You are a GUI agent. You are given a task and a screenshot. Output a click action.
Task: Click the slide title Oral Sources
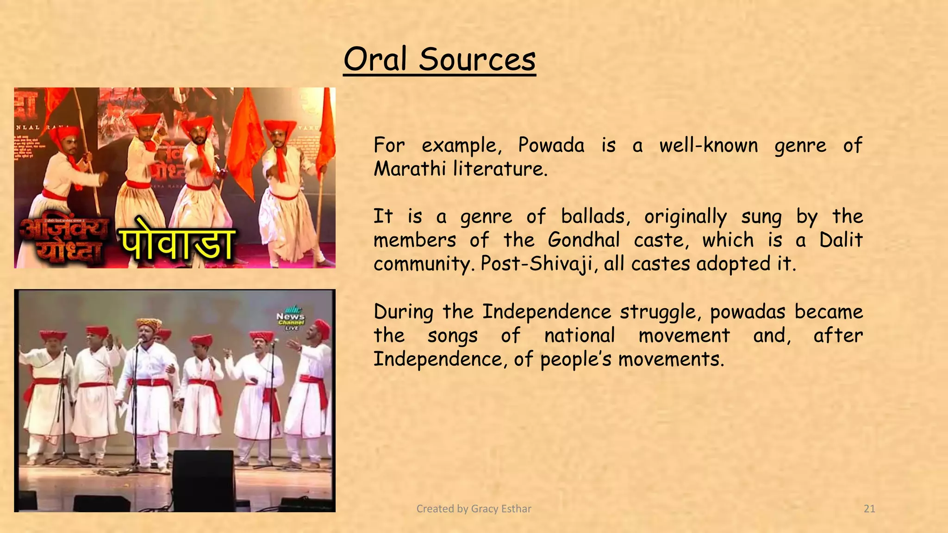point(439,59)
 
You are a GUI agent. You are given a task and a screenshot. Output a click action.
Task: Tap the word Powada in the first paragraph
point(551,145)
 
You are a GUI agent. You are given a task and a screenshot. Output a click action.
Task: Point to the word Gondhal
point(584,240)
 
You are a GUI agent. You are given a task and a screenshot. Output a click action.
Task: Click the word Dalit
point(841,240)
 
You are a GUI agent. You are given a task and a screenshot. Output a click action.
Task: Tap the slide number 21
point(869,509)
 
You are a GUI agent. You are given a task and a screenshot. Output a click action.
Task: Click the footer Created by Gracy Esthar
point(474,509)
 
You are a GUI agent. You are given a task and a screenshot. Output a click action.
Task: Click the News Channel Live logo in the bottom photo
point(291,318)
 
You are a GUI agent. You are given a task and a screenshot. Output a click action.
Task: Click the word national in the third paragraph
point(579,335)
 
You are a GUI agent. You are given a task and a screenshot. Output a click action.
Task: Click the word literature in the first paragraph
point(500,168)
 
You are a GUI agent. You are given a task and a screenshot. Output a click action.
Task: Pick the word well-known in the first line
point(708,145)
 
